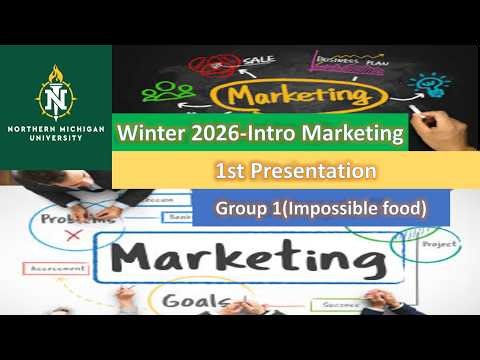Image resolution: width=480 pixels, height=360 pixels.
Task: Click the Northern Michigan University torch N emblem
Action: (55, 96)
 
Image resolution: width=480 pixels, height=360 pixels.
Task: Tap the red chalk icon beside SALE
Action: (212, 66)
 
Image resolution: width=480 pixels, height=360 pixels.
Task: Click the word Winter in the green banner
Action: (149, 133)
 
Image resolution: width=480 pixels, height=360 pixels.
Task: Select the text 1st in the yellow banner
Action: (229, 172)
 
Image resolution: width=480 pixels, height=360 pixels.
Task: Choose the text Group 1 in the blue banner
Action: (250, 209)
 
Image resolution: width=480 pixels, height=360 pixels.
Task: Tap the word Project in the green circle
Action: (438, 243)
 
